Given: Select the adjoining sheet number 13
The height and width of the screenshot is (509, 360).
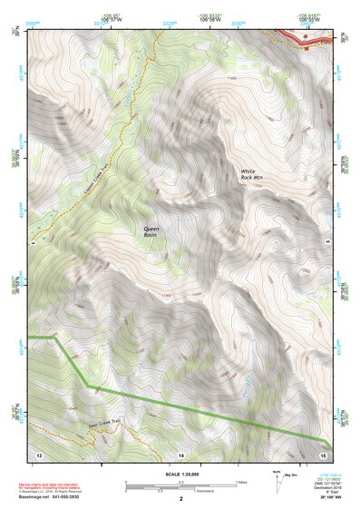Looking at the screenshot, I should click(x=38, y=452).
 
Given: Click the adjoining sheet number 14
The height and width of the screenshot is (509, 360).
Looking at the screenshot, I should click(x=180, y=452).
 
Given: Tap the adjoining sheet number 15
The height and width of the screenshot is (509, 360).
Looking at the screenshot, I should click(x=323, y=452).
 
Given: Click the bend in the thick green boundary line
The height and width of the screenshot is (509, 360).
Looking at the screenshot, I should click(x=93, y=387).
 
